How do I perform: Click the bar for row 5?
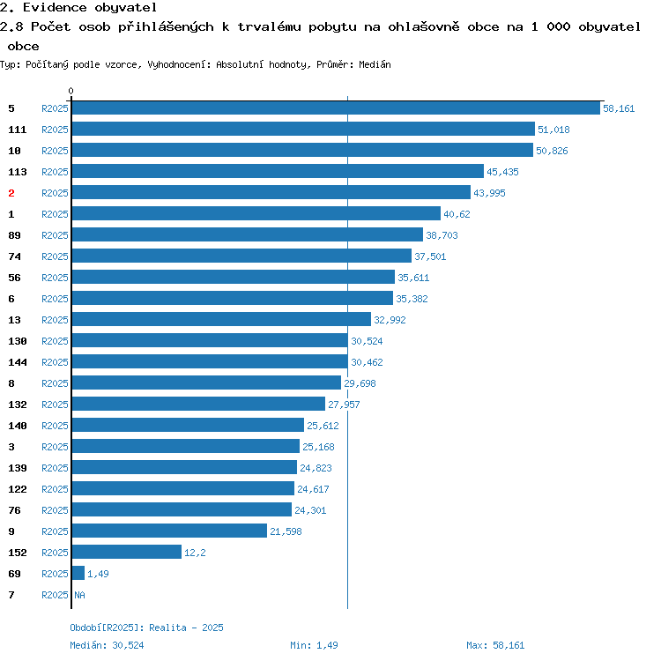pyautogui.click(x=336, y=108)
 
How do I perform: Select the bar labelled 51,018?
pyautogui.click(x=303, y=129)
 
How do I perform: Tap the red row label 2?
pyautogui.click(x=11, y=193)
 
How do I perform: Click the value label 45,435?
pyautogui.click(x=502, y=172)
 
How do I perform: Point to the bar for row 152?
pyautogui.click(x=127, y=552)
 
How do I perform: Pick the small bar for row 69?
pyautogui.click(x=78, y=573)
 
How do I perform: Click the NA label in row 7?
pyautogui.click(x=79, y=595)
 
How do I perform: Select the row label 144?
pyautogui.click(x=18, y=362)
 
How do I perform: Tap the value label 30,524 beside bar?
pyautogui.click(x=367, y=341)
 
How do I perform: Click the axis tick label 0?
pyautogui.click(x=71, y=91)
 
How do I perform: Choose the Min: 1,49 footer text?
pyautogui.click(x=314, y=645)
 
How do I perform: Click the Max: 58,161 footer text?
pyautogui.click(x=495, y=645)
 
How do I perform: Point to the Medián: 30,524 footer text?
pyautogui.click(x=107, y=645)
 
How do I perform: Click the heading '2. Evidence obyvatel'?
pyautogui.click(x=78, y=7)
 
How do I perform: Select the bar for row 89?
pyautogui.click(x=248, y=234)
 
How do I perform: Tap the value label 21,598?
pyautogui.click(x=286, y=531)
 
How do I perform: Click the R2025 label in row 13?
pyautogui.click(x=55, y=320)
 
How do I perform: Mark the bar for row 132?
pyautogui.click(x=198, y=404)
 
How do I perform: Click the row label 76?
pyautogui.click(x=14, y=510)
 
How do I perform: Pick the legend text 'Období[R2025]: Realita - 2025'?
pyautogui.click(x=146, y=628)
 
